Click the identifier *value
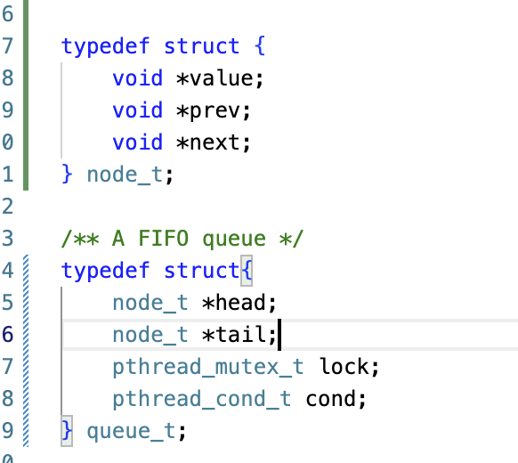214,78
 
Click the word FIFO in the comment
163,239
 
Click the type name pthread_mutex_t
208,368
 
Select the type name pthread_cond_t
202,400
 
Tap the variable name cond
331,400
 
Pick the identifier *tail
234,335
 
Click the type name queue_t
131,432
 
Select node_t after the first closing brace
125,175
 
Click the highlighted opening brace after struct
247,271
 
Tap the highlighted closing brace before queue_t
67,431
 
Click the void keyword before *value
137,78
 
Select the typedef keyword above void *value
105,46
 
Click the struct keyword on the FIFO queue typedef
202,271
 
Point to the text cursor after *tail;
279,335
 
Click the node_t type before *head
150,303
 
